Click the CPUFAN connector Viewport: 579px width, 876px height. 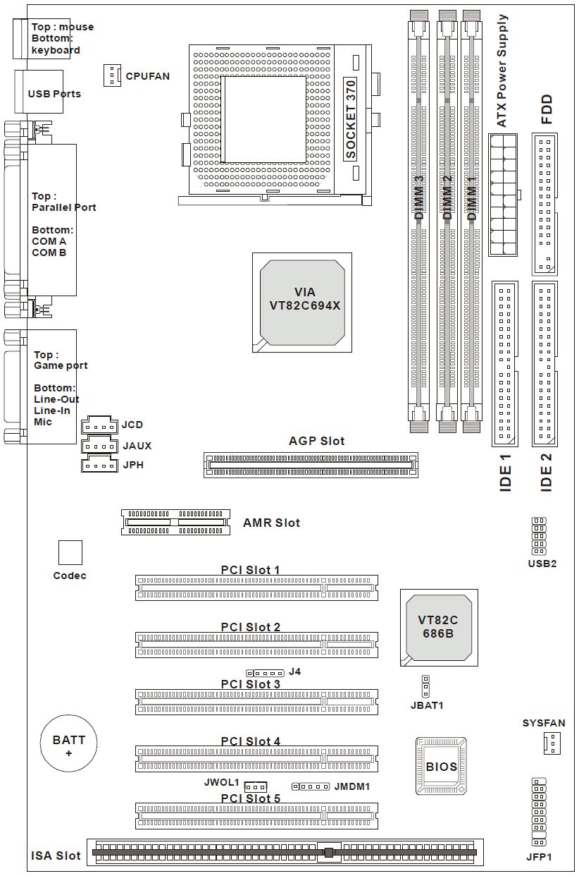pyautogui.click(x=111, y=75)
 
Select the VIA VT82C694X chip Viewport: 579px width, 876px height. pyautogui.click(x=302, y=302)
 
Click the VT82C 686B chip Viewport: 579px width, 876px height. pyautogui.click(x=437, y=627)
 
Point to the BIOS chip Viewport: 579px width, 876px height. pyautogui.click(x=441, y=766)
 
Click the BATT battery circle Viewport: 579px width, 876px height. pyautogui.click(x=68, y=745)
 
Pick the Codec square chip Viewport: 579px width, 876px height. pyautogui.click(x=70, y=553)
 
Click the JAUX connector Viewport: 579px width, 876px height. pyautogui.click(x=99, y=446)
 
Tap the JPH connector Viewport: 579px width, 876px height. pyautogui.click(x=99, y=464)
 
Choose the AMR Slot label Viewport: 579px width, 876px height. pyautogui.click(x=271, y=523)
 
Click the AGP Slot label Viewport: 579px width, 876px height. pyautogui.click(x=316, y=442)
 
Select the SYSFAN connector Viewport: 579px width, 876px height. pyautogui.click(x=551, y=743)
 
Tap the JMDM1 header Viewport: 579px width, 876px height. pyautogui.click(x=311, y=786)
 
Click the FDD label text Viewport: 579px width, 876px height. pyautogui.click(x=546, y=109)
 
